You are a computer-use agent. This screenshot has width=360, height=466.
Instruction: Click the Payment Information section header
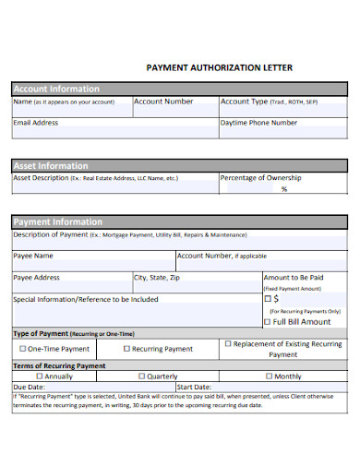coord(57,222)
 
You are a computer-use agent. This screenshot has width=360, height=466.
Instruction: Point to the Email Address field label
coord(36,122)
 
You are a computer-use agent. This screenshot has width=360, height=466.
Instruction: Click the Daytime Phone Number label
coord(259,122)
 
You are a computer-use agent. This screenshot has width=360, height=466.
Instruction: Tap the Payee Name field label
coord(33,256)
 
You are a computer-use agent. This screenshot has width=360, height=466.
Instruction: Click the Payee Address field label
coord(37,277)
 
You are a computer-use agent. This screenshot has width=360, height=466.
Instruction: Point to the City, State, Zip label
coord(157,277)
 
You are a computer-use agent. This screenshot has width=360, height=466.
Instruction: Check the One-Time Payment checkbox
coord(23,349)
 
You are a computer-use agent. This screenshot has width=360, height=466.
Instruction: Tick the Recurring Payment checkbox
coord(127,349)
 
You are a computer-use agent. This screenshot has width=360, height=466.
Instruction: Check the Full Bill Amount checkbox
coord(269,322)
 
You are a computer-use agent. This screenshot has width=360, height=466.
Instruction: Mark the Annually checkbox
coord(39,376)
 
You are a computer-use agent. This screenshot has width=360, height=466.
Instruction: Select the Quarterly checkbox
coord(141,376)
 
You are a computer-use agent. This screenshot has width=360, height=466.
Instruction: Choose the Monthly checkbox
coord(269,376)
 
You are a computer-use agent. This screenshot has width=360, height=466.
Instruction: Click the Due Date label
coord(29,387)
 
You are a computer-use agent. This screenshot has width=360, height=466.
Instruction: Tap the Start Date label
coord(194,387)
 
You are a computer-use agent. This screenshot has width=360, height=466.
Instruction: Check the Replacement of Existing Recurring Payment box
coord(227,343)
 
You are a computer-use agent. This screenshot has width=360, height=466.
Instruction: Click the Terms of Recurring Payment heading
coord(59,365)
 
